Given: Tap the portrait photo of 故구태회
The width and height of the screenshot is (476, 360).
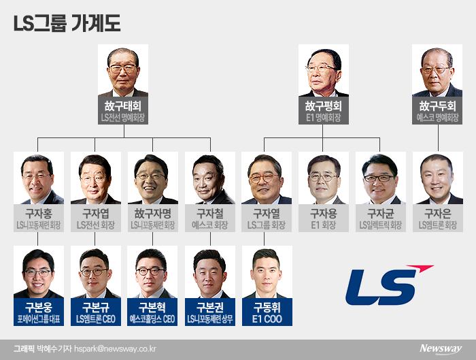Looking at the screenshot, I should (122, 71).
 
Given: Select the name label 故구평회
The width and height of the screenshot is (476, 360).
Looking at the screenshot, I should (323, 107).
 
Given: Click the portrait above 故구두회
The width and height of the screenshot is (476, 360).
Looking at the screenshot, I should (437, 71).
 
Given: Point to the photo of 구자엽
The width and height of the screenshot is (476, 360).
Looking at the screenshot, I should (95, 178).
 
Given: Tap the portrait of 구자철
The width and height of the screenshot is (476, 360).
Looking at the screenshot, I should (209, 178).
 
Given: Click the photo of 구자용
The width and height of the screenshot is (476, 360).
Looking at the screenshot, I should (324, 178).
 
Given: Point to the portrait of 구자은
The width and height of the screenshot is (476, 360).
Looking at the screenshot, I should (438, 178).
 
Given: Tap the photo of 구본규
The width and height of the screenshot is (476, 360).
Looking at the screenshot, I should (95, 272).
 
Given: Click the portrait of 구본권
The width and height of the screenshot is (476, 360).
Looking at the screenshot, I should (209, 272).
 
